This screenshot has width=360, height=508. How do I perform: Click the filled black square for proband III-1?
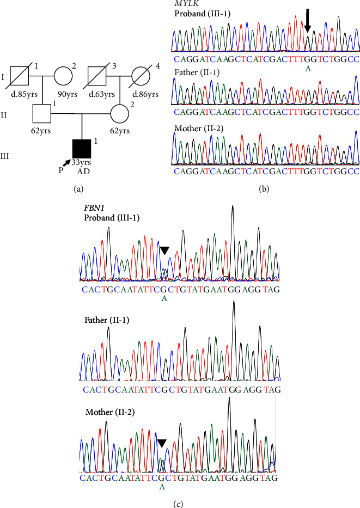pyautogui.click(x=82, y=148)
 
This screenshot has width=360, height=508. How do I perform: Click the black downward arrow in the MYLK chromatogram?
pyautogui.click(x=308, y=21)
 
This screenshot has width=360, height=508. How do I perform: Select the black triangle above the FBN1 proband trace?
pyautogui.click(x=165, y=250)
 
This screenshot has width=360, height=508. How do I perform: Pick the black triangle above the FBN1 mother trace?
pyautogui.click(x=162, y=443)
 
